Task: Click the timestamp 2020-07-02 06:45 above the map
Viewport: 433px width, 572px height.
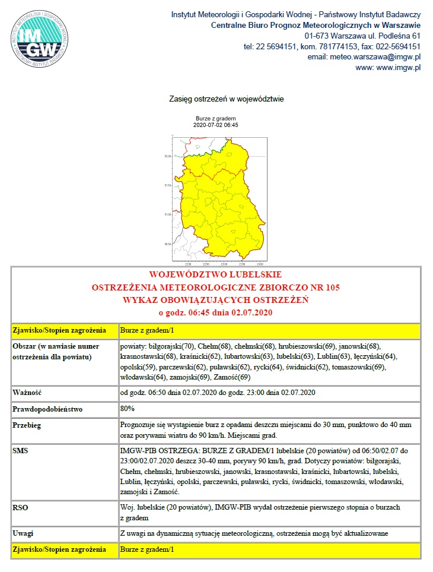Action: click(x=216, y=125)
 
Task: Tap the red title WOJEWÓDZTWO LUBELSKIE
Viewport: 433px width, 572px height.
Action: click(x=216, y=275)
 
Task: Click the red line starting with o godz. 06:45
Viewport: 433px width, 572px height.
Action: click(x=216, y=312)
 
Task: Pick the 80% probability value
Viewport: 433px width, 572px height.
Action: click(x=128, y=409)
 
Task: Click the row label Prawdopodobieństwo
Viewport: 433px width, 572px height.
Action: click(x=49, y=409)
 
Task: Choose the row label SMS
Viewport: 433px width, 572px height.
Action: click(x=21, y=451)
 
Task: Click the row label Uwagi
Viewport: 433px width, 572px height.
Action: click(x=24, y=533)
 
